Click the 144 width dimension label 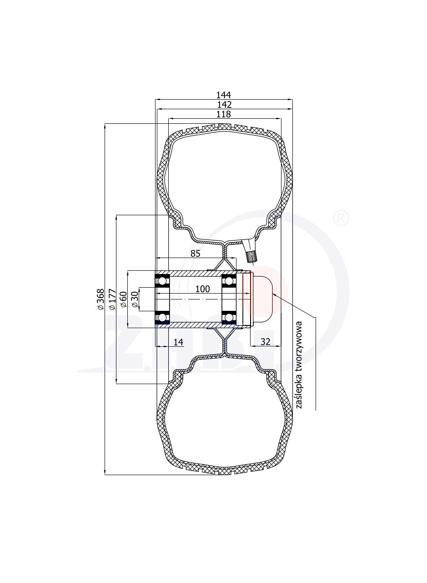[223, 95]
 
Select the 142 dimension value [224, 105]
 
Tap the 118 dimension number [223, 114]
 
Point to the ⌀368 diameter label [100, 299]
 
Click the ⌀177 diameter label [112, 299]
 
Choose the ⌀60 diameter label [124, 299]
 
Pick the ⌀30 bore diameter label [135, 299]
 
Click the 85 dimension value [195, 253]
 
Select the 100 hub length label [202, 289]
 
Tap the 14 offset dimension [178, 342]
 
